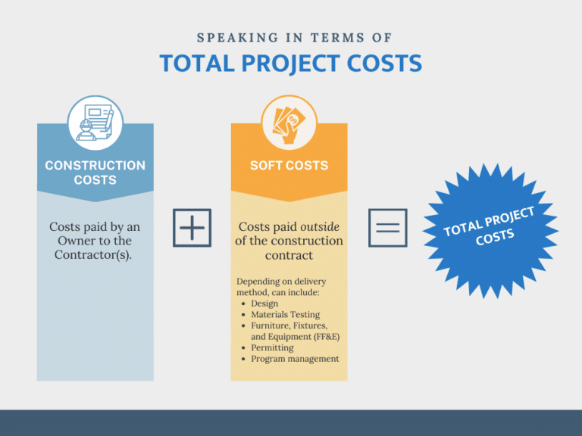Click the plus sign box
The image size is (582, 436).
[192, 228]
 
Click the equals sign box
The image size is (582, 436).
[387, 228]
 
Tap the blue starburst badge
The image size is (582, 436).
[490, 230]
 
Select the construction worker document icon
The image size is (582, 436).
[95, 123]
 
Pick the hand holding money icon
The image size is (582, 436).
[289, 123]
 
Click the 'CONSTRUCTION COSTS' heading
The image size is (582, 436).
[95, 173]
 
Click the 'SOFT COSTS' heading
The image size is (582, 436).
[289, 165]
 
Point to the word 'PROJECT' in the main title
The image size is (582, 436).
[291, 64]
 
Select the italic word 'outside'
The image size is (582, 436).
[320, 226]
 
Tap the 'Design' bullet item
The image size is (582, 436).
[264, 304]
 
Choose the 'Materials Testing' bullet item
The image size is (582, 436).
[286, 314]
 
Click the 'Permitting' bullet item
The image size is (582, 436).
[272, 347]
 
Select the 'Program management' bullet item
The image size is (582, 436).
[295, 359]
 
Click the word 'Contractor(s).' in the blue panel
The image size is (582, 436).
[93, 254]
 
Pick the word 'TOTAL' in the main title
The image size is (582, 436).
[197, 64]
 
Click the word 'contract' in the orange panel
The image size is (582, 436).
[289, 255]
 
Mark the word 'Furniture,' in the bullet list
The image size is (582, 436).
[271, 325]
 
